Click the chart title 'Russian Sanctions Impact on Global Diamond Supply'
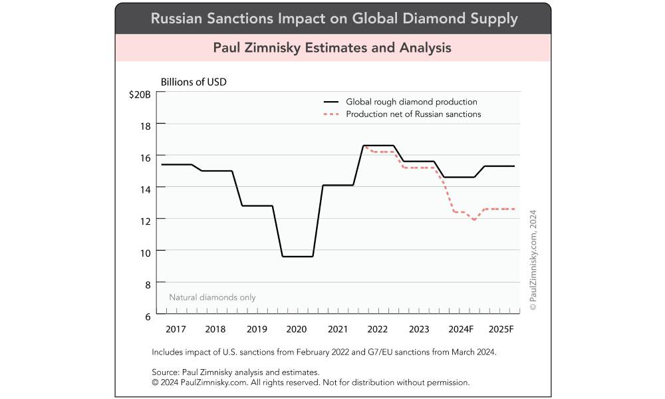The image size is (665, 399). coord(334,18)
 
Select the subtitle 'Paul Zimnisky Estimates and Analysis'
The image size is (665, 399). coord(332,48)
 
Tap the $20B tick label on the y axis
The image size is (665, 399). coord(140,94)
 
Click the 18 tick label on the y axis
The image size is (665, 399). coord(146,125)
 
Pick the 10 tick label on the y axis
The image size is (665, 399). coord(146,251)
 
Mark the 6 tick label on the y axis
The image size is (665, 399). coord(148,315)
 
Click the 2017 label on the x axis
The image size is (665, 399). coord(176,329)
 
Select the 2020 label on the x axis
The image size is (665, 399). coord(296,329)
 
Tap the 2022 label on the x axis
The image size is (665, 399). coord(377,329)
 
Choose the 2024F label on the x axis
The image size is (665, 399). coord(461,329)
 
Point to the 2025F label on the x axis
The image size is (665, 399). coord(501,329)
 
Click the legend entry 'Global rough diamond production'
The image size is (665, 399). coord(411,102)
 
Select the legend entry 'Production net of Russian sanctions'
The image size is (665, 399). coord(413,114)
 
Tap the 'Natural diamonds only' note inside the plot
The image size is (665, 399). coord(212,297)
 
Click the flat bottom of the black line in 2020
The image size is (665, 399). coord(297,256)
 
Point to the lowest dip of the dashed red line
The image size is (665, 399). coord(473,219)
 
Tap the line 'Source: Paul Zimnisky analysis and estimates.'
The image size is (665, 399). coord(236,372)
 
